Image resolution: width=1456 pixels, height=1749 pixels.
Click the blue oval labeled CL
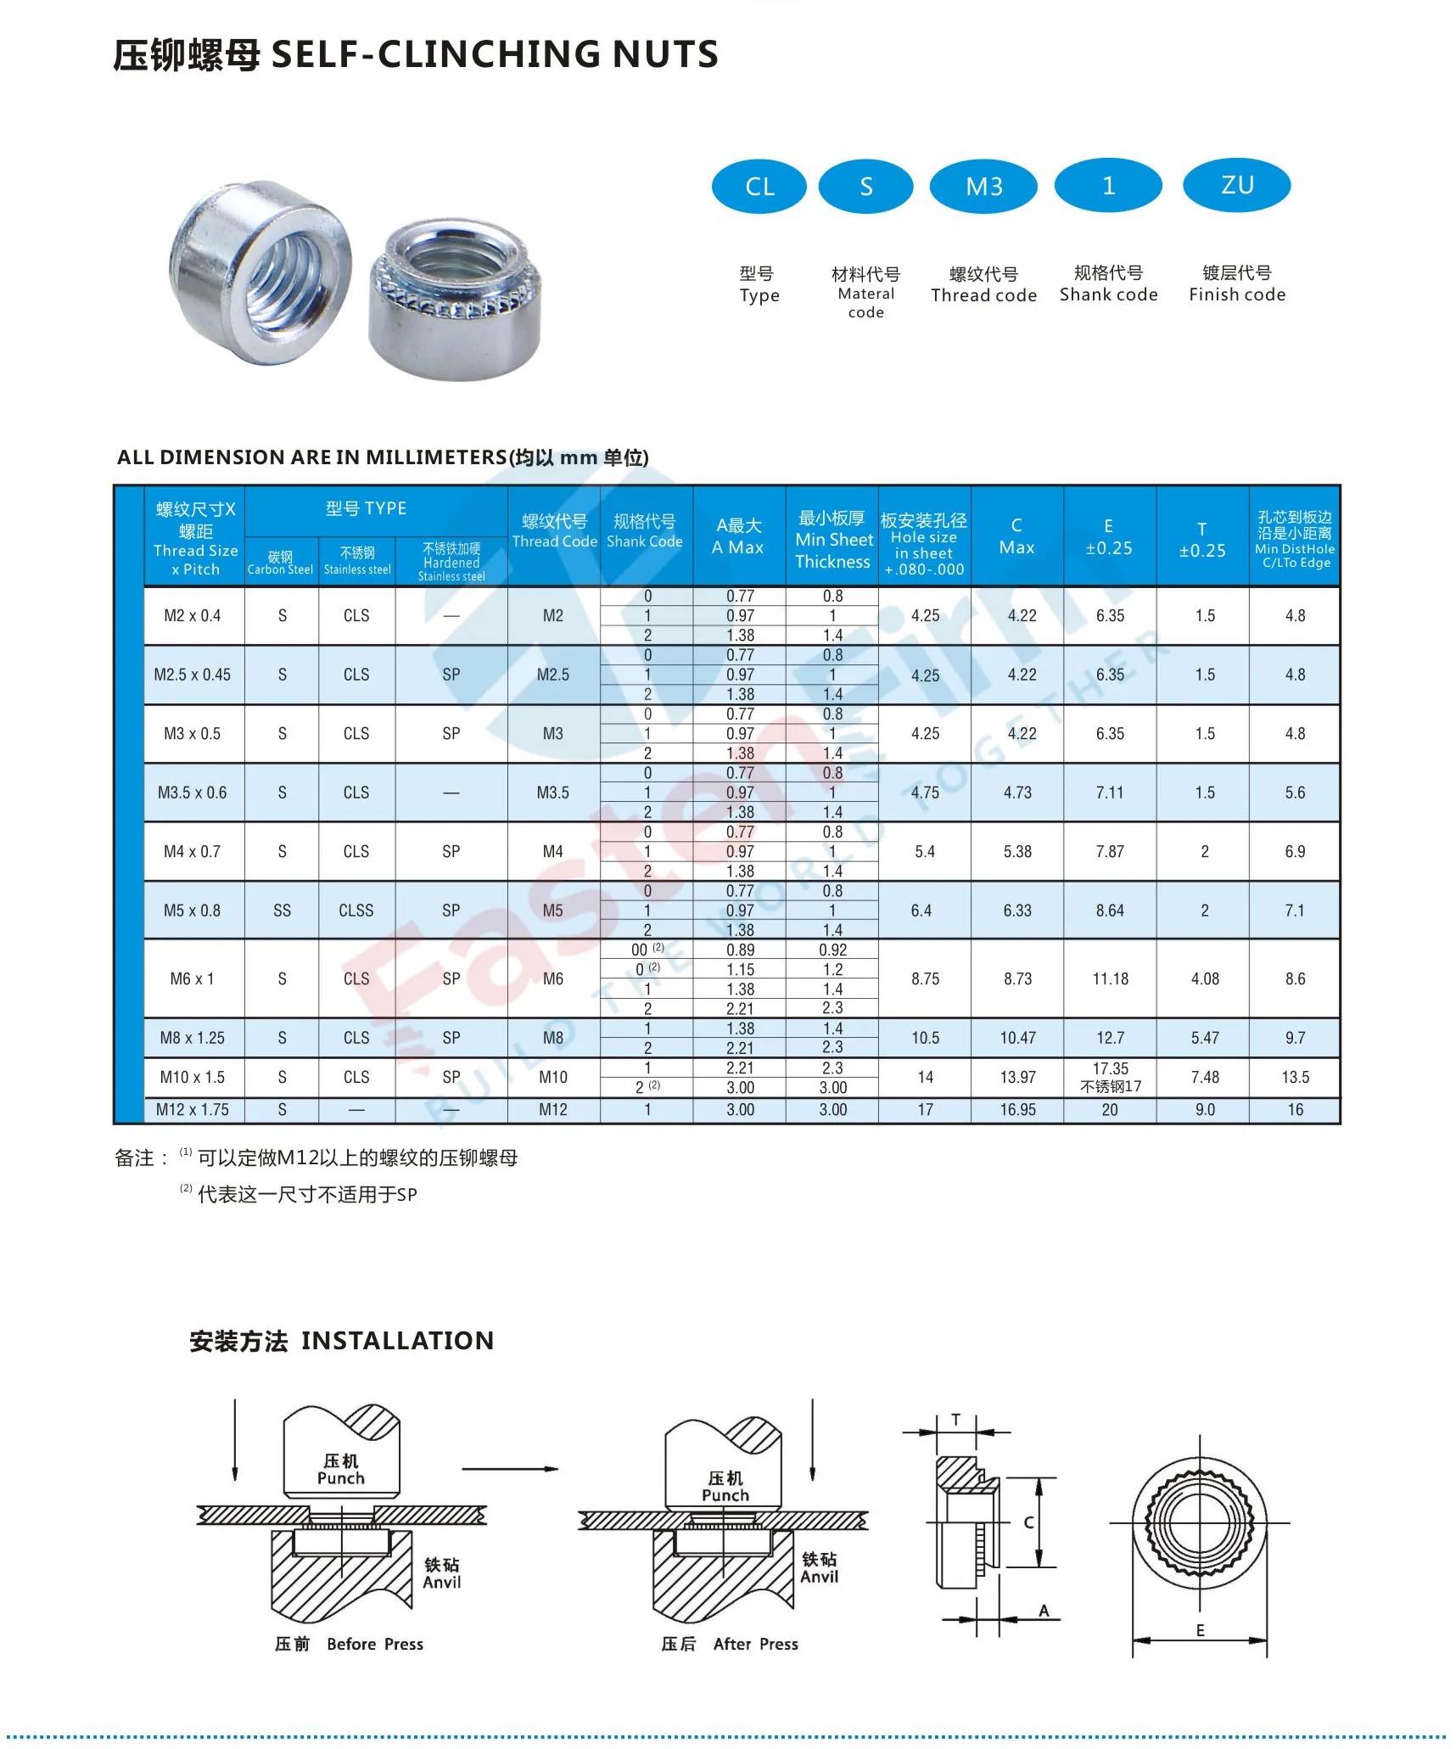(x=759, y=186)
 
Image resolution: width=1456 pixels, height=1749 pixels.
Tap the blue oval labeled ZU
(x=1236, y=185)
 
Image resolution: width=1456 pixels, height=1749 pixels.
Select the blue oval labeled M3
(x=983, y=186)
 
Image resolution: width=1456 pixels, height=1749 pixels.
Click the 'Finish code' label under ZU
(x=1236, y=294)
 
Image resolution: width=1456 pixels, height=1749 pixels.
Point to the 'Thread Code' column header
(x=554, y=532)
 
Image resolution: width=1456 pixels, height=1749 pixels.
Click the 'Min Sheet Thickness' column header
(x=832, y=540)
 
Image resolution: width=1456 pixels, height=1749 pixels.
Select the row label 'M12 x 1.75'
(x=193, y=1110)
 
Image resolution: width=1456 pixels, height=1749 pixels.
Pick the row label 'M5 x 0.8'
(x=193, y=911)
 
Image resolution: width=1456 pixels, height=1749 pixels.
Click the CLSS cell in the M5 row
(x=356, y=911)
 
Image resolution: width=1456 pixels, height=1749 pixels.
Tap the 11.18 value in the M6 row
(x=1110, y=979)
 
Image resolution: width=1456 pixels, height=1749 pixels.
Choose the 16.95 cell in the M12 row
(x=1017, y=1110)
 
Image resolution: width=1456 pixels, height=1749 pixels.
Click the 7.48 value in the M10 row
(x=1204, y=1078)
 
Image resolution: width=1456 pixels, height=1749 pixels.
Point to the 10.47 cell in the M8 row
(x=1017, y=1038)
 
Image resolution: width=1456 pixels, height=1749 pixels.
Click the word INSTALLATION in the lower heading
(x=397, y=1341)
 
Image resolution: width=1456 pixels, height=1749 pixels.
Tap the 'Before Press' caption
(x=374, y=1645)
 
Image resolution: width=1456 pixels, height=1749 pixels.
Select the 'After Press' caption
(x=755, y=1645)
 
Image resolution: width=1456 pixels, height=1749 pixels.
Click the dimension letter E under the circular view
(x=1200, y=1630)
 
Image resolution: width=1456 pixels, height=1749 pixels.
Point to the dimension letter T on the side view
(x=956, y=1419)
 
